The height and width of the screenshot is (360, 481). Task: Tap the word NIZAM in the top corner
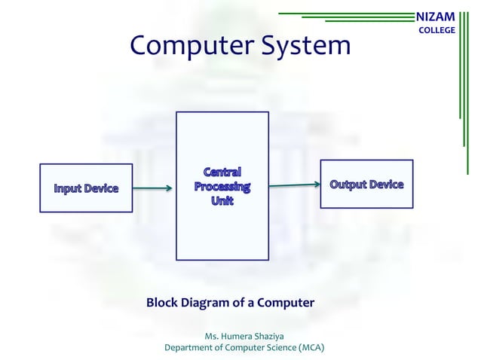[x=436, y=16]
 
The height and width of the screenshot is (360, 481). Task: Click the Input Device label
[x=86, y=188]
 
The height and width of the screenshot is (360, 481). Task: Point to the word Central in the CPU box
[x=222, y=172]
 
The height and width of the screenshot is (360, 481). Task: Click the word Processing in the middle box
[x=222, y=186]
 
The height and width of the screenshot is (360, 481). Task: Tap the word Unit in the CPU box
[x=222, y=201]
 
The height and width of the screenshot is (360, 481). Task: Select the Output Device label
[x=366, y=185]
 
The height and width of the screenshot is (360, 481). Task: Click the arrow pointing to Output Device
[x=294, y=185]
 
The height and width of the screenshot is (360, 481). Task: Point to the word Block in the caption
[x=161, y=303]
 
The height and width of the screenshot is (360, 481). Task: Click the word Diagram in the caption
[x=205, y=303]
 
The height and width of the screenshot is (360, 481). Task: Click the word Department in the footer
[x=189, y=348]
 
